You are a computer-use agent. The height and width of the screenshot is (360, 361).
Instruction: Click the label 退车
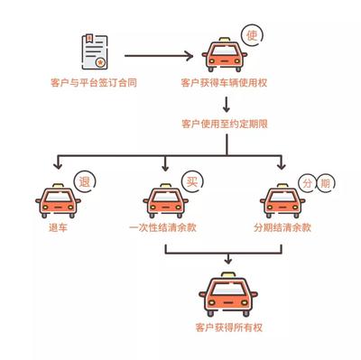[x=58, y=227]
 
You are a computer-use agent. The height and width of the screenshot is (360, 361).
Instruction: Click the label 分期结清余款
[x=281, y=227]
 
